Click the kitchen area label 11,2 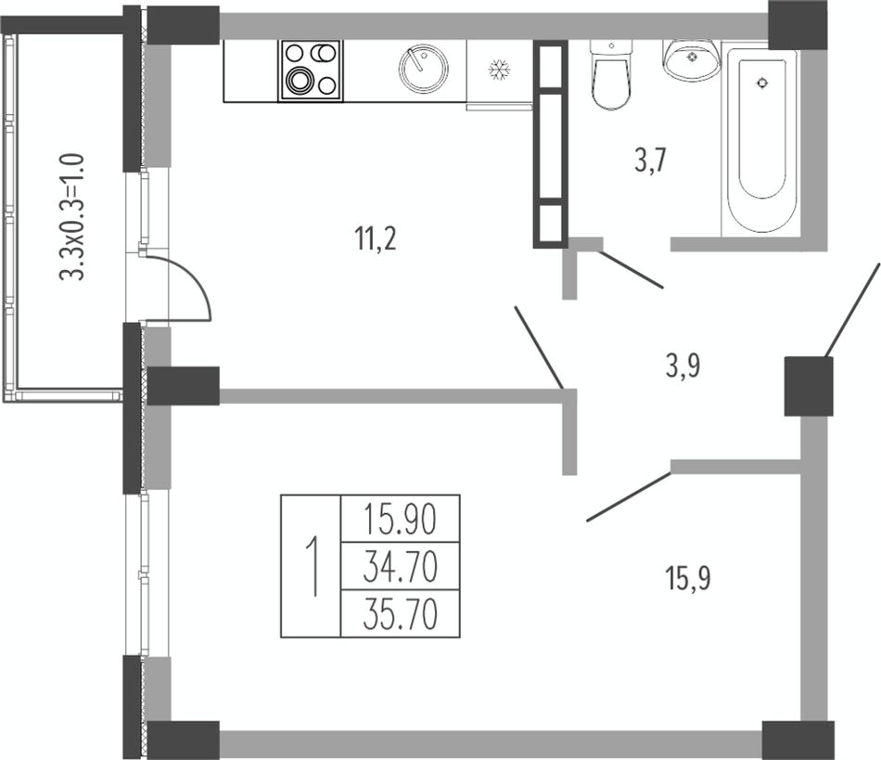point(376,238)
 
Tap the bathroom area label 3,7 point(651,161)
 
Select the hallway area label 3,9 point(683,366)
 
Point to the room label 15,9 point(688,578)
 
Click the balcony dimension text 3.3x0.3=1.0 point(72,216)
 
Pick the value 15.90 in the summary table point(400,520)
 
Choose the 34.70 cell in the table point(400,567)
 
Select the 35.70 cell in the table point(400,614)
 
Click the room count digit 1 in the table point(313,566)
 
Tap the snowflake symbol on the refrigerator point(498,71)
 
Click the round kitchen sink point(424,69)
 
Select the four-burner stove point(311,71)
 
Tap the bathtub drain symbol point(762,84)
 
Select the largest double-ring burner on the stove point(299,80)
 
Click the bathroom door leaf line point(631,270)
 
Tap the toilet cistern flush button point(611,45)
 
